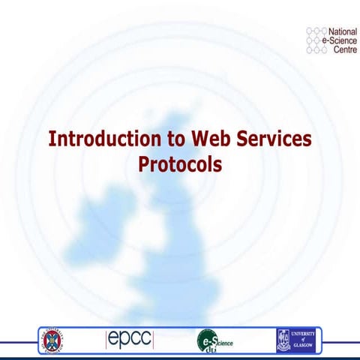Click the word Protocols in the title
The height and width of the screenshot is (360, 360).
click(180, 163)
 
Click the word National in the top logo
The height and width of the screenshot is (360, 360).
click(342, 32)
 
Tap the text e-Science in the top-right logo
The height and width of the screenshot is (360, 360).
click(341, 41)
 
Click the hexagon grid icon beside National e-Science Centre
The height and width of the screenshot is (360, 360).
click(316, 41)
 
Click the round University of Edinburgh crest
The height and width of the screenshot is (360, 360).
click(54, 339)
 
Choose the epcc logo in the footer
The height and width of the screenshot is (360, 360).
click(129, 339)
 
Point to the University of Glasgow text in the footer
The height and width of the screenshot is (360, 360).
click(306, 339)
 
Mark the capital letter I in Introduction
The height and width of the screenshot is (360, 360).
click(52, 139)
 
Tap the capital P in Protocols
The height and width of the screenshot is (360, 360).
click(143, 163)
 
